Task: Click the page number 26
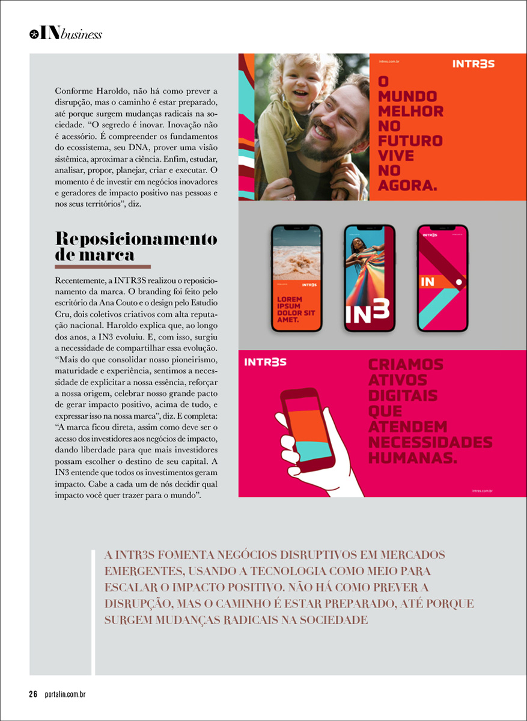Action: click(x=33, y=695)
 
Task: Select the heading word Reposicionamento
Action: click(x=136, y=239)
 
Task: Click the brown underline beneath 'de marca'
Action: click(x=102, y=266)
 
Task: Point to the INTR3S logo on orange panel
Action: click(x=474, y=64)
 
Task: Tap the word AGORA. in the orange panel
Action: click(x=407, y=186)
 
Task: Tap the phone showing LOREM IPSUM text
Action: click(x=296, y=278)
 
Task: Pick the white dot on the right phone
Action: click(x=458, y=281)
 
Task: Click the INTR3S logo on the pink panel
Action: click(x=265, y=362)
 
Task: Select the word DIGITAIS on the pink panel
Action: click(x=403, y=396)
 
